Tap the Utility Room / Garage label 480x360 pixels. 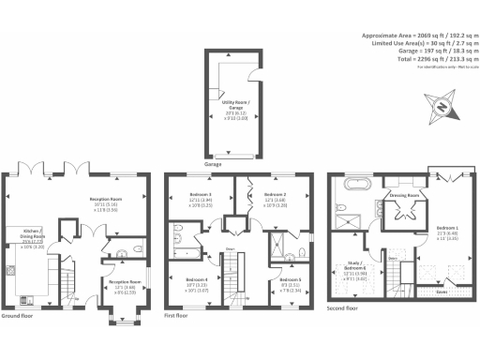click(234, 106)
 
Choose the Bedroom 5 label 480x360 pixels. click(292, 283)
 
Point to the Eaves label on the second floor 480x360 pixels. click(440, 291)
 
